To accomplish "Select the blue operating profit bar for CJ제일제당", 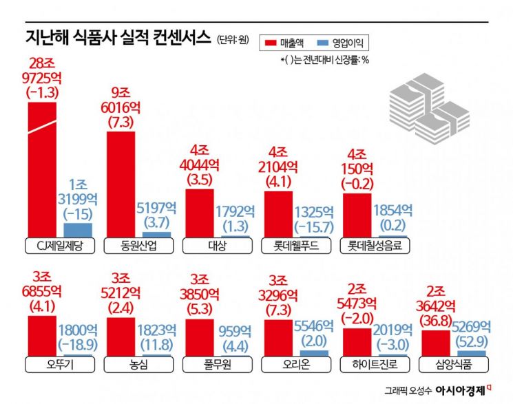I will (77, 230).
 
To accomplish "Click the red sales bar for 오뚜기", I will (42, 335).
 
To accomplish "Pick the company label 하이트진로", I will (374, 364).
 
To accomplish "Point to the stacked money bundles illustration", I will (425, 110).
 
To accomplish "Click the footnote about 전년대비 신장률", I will (324, 60).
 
